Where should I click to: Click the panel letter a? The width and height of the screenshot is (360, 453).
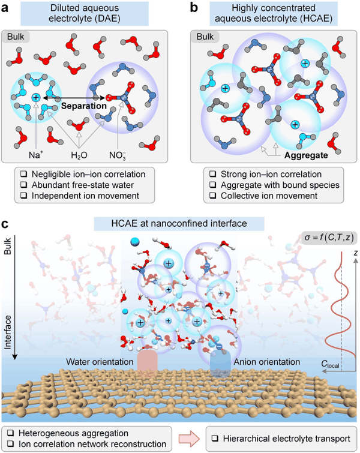pyautogui.click(x=5, y=8)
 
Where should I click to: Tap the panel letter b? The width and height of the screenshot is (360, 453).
pyautogui.click(x=194, y=8)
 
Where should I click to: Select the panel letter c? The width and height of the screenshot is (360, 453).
pyautogui.click(x=5, y=224)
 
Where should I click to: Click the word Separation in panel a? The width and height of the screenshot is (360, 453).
pyautogui.click(x=84, y=106)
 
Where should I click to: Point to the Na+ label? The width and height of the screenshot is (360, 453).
pyautogui.click(x=36, y=155)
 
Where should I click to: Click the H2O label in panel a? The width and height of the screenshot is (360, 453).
pyautogui.click(x=79, y=155)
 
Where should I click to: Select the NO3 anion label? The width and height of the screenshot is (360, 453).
pyautogui.click(x=118, y=155)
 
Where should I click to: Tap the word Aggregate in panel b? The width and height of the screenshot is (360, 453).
pyautogui.click(x=306, y=155)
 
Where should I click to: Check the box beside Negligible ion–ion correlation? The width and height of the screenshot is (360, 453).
pyautogui.click(x=23, y=174)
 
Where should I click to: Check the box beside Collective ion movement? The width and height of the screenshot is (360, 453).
pyautogui.click(x=213, y=196)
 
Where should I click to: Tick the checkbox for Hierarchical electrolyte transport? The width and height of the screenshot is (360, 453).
pyautogui.click(x=215, y=439)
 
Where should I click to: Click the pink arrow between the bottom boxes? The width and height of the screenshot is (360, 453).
pyautogui.click(x=189, y=439)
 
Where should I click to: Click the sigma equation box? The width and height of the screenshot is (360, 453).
pyautogui.click(x=329, y=238)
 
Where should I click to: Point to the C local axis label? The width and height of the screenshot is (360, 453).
pyautogui.click(x=330, y=364)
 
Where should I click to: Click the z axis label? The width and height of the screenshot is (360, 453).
pyautogui.click(x=356, y=253)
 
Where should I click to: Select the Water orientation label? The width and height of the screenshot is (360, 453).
pyautogui.click(x=100, y=362)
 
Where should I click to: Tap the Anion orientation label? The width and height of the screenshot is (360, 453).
pyautogui.click(x=266, y=362)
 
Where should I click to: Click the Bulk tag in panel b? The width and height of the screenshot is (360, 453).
pyautogui.click(x=205, y=37)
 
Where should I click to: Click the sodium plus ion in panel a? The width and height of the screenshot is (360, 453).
pyautogui.click(x=36, y=97)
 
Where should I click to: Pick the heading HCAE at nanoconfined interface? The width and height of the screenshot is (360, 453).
pyautogui.click(x=179, y=223)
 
